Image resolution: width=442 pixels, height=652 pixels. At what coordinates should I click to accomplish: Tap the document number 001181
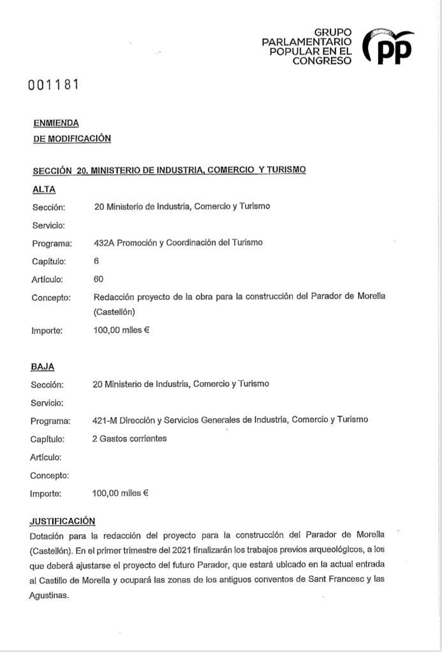53,85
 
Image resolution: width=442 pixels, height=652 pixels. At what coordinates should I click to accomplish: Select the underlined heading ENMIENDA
55,124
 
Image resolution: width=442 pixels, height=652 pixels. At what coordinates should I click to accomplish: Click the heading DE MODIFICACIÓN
71,138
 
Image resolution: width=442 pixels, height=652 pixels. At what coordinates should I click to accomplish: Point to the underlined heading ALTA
43,189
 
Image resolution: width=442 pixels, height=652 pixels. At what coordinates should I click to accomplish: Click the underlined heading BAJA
42,367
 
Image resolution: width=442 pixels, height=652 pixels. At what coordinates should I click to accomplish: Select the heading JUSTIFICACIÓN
63,521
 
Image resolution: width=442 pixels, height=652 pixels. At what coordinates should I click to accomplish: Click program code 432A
103,243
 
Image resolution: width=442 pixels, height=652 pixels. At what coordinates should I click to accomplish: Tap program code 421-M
106,420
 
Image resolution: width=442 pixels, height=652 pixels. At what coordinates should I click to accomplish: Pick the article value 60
98,279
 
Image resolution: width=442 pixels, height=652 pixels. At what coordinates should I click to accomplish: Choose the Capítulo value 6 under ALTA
96,261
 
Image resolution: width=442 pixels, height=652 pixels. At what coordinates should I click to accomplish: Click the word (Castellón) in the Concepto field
114,312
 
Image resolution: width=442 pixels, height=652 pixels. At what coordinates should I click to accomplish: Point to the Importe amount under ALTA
121,330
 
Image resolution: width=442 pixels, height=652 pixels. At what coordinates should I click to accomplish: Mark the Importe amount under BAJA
120,493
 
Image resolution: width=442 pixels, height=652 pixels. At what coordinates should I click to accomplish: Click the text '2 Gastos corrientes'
129,439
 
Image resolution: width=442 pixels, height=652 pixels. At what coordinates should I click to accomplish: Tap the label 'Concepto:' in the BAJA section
49,476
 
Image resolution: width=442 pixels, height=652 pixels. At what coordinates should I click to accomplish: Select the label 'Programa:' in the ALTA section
52,243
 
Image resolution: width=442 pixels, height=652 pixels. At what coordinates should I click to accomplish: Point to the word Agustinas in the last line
48,595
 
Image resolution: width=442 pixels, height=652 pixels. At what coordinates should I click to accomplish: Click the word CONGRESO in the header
321,60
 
